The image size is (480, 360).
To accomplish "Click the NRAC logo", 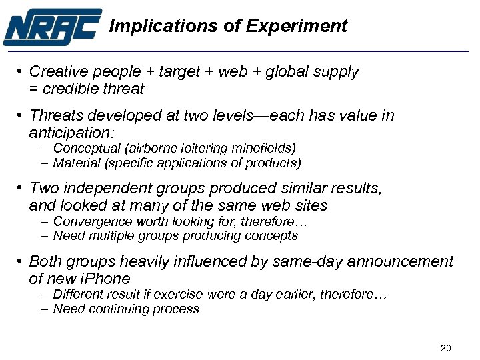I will point(53,27).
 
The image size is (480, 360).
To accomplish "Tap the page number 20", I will point(447,348).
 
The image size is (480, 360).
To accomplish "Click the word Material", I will point(75,163).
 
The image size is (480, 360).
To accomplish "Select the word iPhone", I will point(105,278).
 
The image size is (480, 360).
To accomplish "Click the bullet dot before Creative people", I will point(21,71).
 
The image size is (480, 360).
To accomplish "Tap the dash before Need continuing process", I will point(43,309).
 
